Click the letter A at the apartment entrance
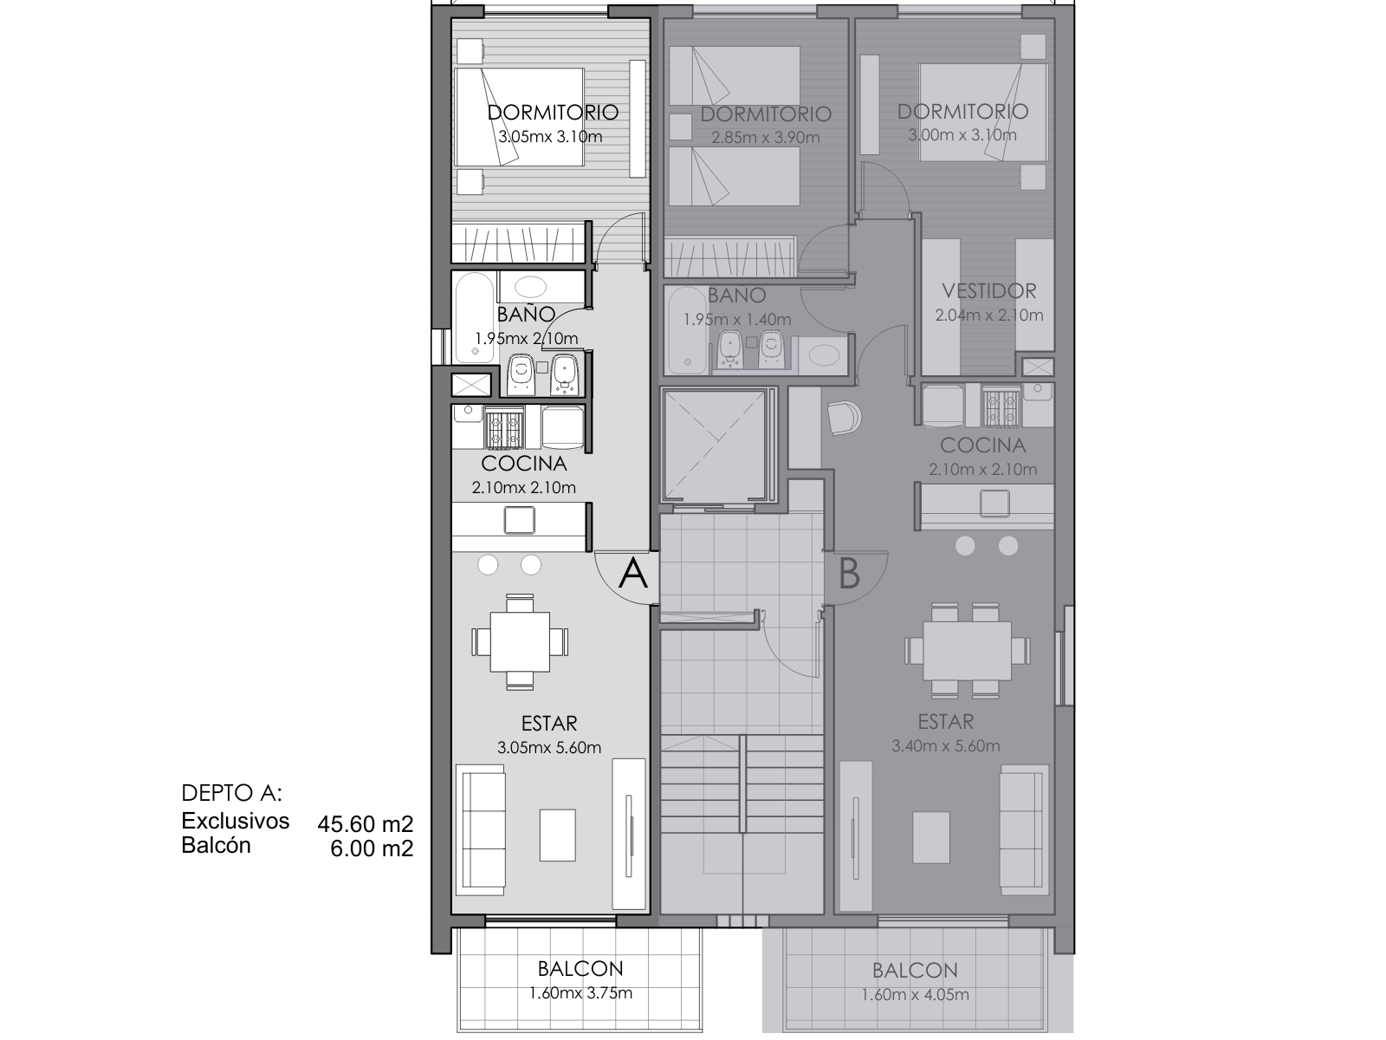[632, 574]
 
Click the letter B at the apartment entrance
[849, 574]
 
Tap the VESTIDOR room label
[989, 291]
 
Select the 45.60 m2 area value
[365, 823]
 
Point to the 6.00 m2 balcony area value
[372, 848]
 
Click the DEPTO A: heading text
[231, 792]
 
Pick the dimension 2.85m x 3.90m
[765, 137]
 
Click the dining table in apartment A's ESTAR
[520, 641]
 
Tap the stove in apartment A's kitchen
[504, 427]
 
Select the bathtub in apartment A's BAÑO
[474, 317]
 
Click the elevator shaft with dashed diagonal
[714, 445]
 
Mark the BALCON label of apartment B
[914, 970]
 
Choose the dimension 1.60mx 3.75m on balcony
[580, 992]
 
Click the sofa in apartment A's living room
[481, 829]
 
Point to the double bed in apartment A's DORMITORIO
[519, 117]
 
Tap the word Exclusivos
[235, 821]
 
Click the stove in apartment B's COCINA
[1001, 406]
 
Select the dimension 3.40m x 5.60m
[945, 745]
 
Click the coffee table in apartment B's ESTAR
[930, 837]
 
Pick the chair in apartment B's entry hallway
[844, 418]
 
